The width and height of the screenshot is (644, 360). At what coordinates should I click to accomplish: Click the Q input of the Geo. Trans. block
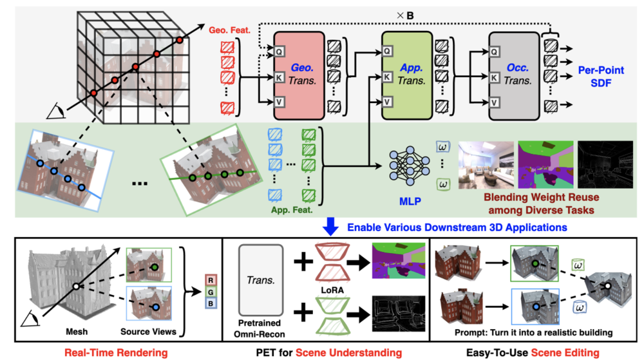279,50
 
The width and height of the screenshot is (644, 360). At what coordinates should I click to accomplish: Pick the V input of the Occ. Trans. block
495,102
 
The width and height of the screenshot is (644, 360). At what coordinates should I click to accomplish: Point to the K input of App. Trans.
387,76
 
